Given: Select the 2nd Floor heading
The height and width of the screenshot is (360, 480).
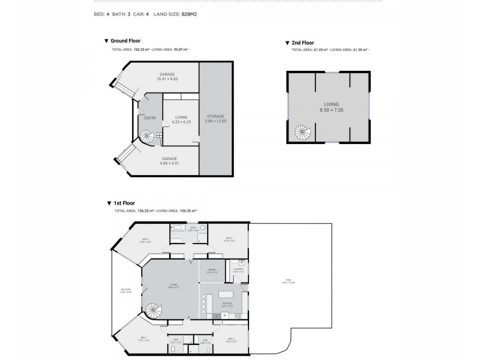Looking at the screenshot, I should click(x=302, y=43).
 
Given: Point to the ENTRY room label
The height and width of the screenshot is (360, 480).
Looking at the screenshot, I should click(x=150, y=118).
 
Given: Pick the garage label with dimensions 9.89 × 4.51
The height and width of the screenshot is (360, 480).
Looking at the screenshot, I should click(x=167, y=161).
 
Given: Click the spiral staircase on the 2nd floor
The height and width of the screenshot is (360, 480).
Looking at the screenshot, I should click(x=301, y=131).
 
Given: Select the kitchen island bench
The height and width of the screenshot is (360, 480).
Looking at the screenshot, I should click(x=226, y=295).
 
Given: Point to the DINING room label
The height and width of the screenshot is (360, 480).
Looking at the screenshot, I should click(x=212, y=271).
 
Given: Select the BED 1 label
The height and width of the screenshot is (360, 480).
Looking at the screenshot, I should click(x=144, y=338).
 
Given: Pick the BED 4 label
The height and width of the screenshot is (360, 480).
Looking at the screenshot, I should click(x=229, y=239).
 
